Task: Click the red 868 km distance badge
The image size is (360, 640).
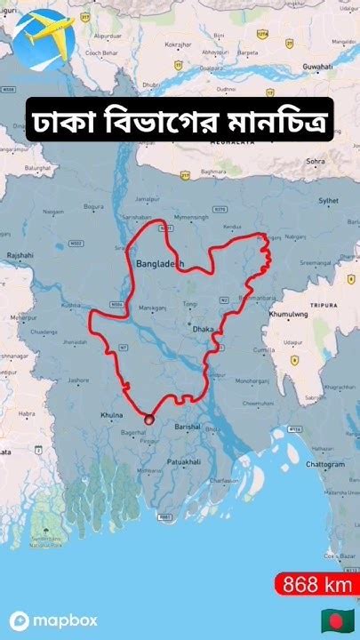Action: point(316,585)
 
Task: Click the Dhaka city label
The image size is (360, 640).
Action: point(203,329)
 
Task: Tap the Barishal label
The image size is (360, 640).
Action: point(187,427)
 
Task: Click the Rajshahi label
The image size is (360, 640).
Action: point(20,255)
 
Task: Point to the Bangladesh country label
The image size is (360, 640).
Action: point(160,264)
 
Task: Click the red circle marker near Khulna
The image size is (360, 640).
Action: point(148,419)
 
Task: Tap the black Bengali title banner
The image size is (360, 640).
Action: point(180,118)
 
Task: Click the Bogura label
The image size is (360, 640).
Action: point(93,206)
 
